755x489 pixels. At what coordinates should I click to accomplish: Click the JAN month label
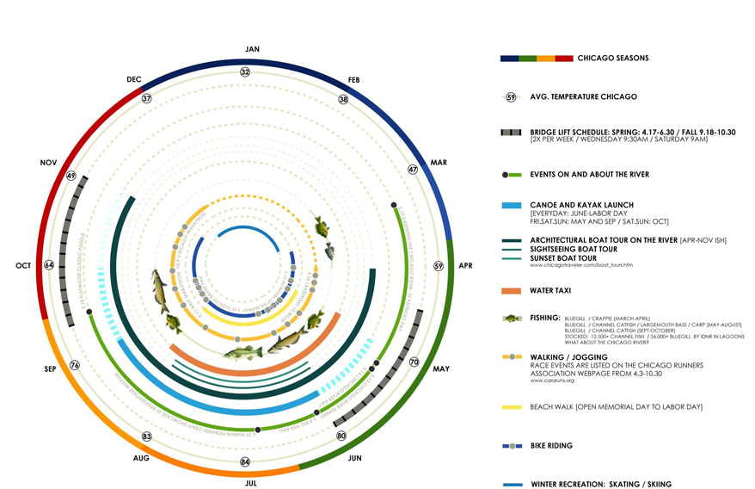[252, 49]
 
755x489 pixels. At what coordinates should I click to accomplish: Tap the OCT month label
[23, 265]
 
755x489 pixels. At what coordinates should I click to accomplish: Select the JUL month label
[251, 484]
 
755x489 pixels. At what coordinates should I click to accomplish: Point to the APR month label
[465, 266]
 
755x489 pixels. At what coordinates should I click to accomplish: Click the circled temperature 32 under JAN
[245, 71]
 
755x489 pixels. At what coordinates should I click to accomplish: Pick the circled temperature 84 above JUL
[245, 462]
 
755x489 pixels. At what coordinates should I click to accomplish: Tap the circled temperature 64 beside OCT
[49, 265]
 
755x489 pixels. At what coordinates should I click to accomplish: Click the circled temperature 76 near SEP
[74, 365]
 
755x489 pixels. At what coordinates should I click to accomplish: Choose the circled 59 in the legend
[511, 96]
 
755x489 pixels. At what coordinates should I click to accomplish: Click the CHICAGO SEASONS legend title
[613, 59]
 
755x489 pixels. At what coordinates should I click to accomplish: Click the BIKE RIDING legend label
[563, 446]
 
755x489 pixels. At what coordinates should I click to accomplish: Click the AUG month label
[142, 459]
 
